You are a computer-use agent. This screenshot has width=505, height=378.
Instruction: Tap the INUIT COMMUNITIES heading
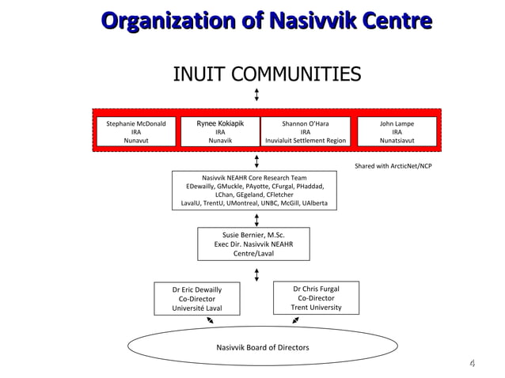(267, 74)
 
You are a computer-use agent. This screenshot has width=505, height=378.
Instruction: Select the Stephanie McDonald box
(136, 132)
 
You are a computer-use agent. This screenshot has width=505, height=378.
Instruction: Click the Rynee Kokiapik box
(220, 132)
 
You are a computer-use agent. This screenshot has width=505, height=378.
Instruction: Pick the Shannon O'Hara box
(305, 132)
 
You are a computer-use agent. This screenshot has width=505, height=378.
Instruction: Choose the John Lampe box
(397, 132)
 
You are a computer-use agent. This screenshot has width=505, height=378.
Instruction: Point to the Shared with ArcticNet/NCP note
(393, 166)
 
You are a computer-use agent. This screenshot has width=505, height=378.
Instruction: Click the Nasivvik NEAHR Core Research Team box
(256, 191)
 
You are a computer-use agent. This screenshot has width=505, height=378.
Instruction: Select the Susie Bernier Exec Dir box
(253, 244)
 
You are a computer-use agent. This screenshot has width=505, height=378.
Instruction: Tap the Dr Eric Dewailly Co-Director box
(196, 299)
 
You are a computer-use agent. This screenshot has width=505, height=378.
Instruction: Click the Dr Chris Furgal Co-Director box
(316, 298)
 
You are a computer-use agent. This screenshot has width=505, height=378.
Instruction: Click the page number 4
(472, 364)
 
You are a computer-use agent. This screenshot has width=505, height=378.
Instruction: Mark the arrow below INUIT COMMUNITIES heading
(256, 95)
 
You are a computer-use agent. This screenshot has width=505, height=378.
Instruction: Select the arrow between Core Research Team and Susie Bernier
(256, 219)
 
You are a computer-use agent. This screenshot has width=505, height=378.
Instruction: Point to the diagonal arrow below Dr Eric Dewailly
(210, 320)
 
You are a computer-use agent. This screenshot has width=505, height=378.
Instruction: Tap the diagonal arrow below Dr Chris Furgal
(295, 320)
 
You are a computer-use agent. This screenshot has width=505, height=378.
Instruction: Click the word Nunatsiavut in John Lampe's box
(397, 141)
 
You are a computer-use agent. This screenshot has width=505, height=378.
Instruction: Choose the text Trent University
(316, 308)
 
